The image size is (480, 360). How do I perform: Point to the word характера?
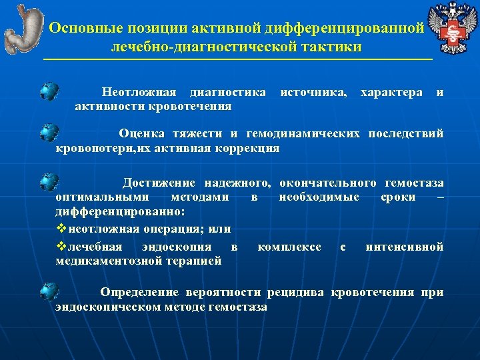tap(391, 91)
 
